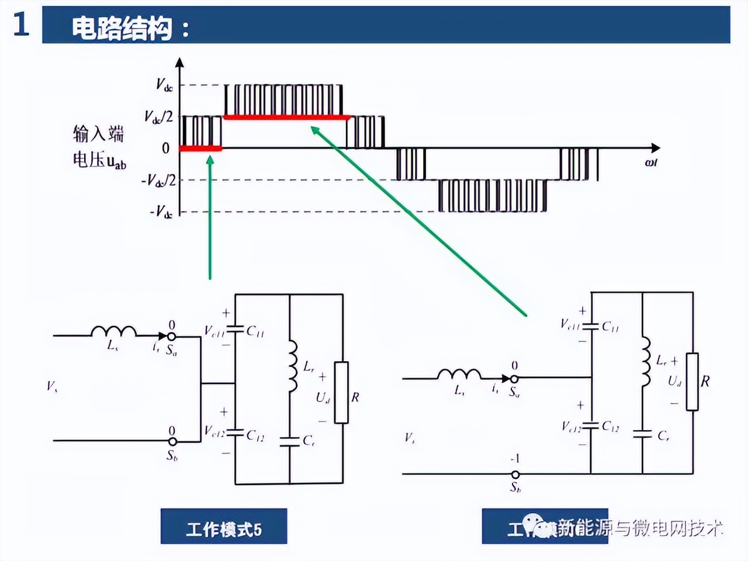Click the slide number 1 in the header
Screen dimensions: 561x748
pos(20,25)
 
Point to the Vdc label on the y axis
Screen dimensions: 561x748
pos(164,85)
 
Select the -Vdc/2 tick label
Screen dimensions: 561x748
pos(158,181)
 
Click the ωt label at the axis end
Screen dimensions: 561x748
pos(651,162)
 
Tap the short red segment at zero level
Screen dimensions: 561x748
pos(200,148)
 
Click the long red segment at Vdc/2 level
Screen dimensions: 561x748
pos(286,117)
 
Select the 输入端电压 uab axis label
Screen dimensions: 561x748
pos(99,147)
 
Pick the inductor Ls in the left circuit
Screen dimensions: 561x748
pos(113,332)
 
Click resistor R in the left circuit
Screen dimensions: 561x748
pos(342,392)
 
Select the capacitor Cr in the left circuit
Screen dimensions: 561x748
pos(290,441)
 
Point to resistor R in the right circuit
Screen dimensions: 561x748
pos(692,382)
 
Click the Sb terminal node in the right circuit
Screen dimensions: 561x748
pos(515,474)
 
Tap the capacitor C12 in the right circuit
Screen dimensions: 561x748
pos(591,426)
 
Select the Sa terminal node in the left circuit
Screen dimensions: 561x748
pos(172,336)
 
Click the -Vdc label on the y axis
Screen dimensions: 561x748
pos(161,212)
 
